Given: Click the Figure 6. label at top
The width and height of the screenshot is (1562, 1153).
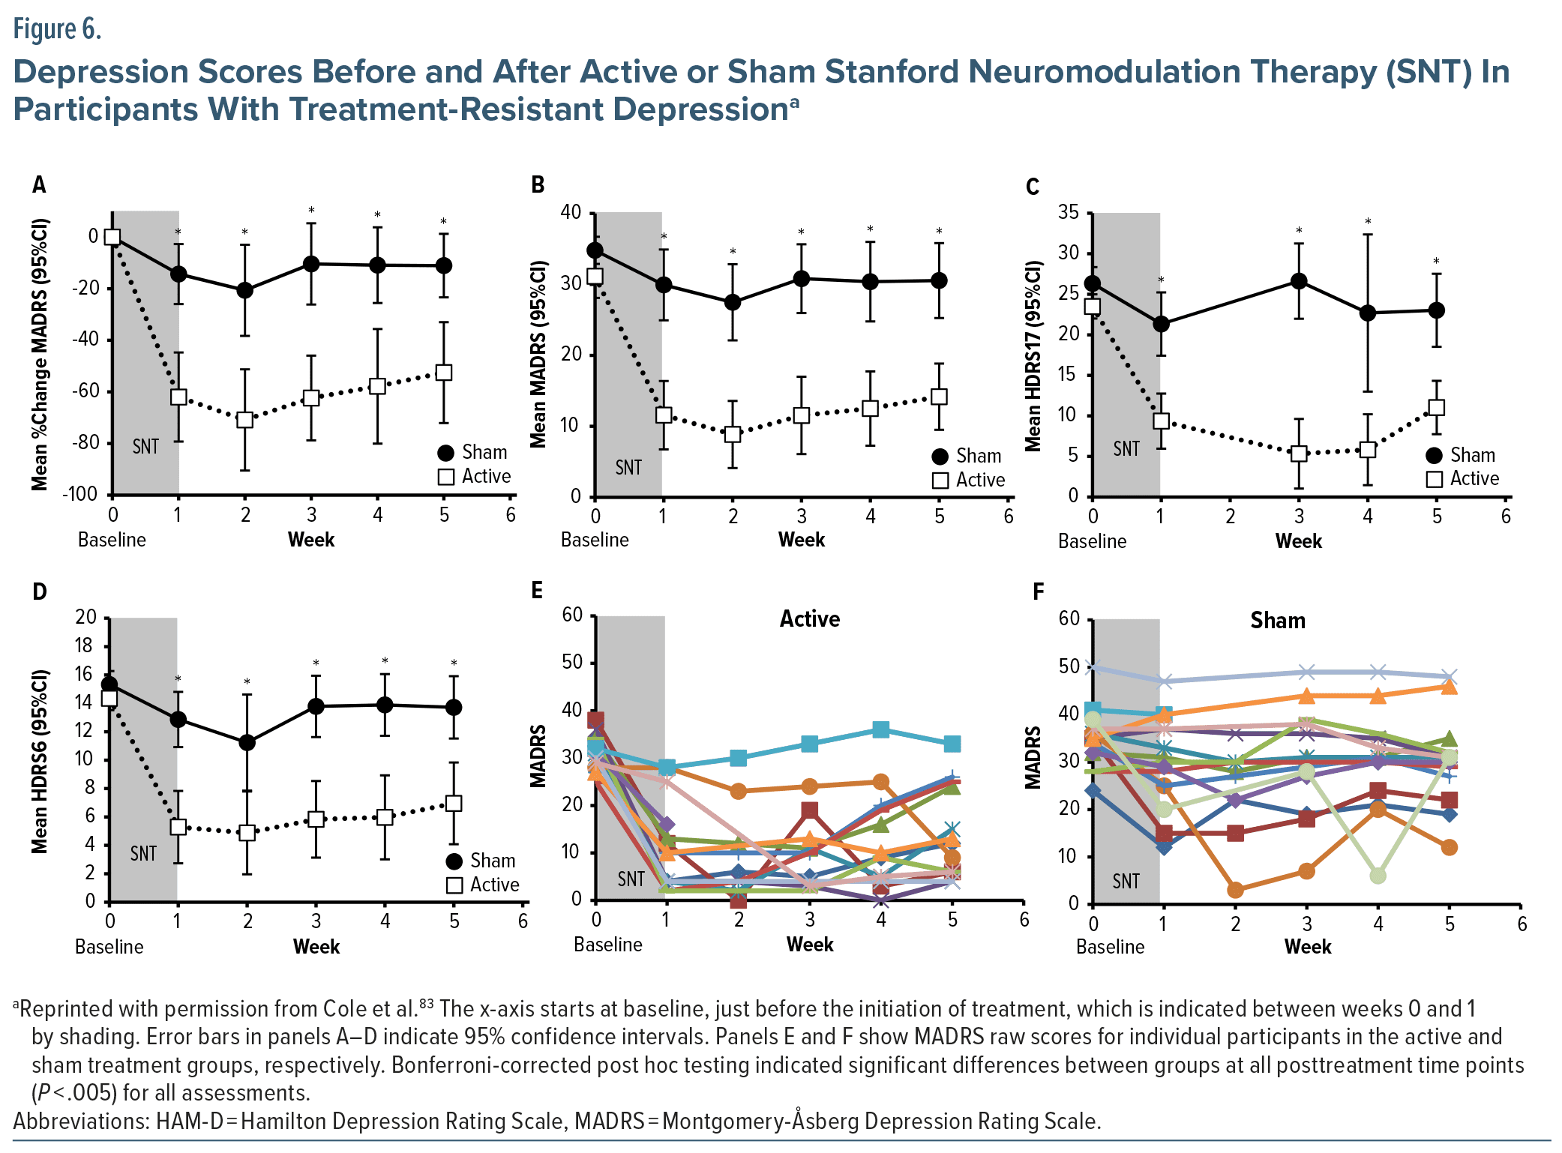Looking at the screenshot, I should [x=57, y=29].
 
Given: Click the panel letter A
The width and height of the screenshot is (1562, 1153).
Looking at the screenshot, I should [x=39, y=184].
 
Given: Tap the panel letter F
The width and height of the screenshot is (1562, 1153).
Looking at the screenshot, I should [x=1038, y=592].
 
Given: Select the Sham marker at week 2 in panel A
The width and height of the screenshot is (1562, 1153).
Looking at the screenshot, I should [x=244, y=290].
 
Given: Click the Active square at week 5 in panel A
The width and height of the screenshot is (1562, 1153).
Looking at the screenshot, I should [x=444, y=373].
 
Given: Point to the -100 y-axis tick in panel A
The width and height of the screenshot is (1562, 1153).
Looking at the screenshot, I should [x=80, y=494].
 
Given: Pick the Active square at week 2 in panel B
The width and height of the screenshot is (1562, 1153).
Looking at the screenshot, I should [x=733, y=434].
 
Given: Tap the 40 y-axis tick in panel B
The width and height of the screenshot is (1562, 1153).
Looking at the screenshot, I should [x=571, y=212].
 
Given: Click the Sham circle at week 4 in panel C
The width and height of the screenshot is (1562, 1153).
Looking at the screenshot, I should [x=1368, y=313].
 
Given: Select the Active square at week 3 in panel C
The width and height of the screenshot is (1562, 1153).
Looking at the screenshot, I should [x=1299, y=454].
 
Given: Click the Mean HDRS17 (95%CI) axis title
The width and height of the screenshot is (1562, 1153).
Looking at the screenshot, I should [x=1034, y=355].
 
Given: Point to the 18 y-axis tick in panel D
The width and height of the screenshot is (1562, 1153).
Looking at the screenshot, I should [x=85, y=645].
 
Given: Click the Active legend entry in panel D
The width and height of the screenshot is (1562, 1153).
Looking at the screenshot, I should [x=483, y=885].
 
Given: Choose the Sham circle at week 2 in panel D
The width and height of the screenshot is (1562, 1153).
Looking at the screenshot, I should [x=247, y=743].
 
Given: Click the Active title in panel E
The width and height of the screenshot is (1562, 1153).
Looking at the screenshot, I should [x=810, y=619].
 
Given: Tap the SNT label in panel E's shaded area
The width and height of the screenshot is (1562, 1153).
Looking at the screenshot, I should [x=631, y=879].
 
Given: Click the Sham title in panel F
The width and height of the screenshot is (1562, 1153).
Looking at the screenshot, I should [x=1278, y=621].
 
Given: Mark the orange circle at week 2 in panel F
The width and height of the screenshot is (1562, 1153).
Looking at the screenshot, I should [x=1235, y=890].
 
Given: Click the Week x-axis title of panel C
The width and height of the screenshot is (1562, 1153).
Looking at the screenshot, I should [x=1299, y=541].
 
